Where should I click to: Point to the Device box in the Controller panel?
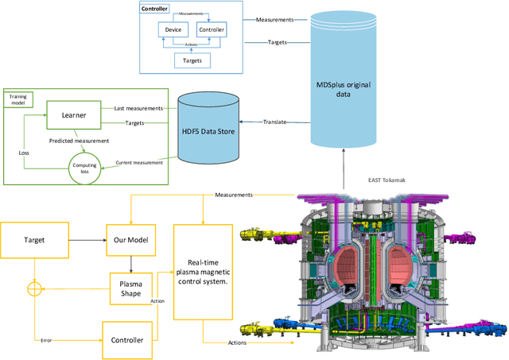point(173,30)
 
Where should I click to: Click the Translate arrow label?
point(274,122)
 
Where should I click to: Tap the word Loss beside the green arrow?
point(24,151)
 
